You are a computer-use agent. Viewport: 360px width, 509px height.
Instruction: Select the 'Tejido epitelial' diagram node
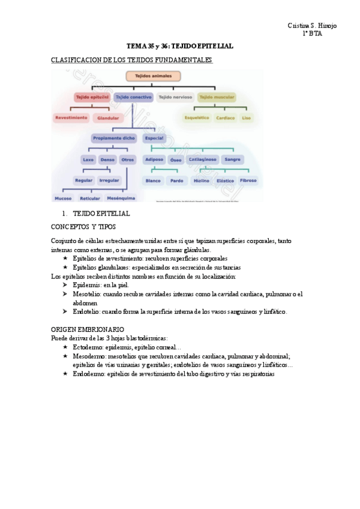[91, 97]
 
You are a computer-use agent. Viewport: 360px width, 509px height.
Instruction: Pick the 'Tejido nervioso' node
[175, 97]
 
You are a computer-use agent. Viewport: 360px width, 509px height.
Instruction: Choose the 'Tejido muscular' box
[217, 97]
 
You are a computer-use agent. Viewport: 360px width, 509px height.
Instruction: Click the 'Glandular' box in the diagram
[108, 118]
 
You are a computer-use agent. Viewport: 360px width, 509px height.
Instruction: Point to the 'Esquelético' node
[197, 118]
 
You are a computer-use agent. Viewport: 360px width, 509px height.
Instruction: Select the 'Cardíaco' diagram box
[225, 118]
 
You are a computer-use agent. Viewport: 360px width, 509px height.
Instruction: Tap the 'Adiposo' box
[154, 160]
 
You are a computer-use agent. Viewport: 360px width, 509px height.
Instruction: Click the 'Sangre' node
[232, 160]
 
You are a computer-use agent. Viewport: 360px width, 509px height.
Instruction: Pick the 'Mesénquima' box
[121, 198]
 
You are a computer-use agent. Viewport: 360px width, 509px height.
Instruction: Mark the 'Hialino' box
[200, 180]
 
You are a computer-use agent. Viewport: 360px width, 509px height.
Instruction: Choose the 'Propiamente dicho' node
[113, 138]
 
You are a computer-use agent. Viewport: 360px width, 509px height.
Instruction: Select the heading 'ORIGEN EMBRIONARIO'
[88, 330]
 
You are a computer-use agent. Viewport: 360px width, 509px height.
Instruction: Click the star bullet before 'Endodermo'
[65, 373]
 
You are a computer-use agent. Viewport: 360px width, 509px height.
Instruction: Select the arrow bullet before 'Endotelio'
[65, 312]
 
